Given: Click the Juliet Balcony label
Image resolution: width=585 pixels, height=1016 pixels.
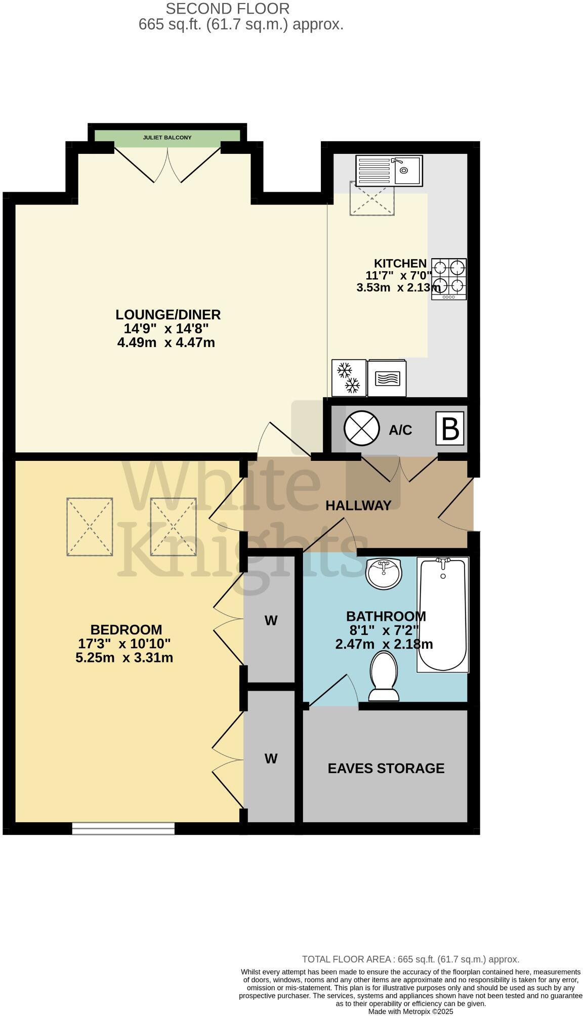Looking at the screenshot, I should [x=167, y=137].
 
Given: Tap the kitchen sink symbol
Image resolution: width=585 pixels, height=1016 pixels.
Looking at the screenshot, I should [x=389, y=171].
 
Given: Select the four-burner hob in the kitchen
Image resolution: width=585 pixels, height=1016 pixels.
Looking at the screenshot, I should [x=449, y=279].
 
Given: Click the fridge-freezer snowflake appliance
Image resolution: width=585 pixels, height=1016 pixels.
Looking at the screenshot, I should [x=349, y=377].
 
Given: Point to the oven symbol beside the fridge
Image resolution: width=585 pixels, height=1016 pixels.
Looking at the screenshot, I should [x=387, y=378].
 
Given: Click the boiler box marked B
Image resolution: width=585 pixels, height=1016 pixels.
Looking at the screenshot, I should [x=450, y=429].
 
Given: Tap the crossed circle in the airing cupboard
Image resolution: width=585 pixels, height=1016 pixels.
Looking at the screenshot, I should [x=361, y=429].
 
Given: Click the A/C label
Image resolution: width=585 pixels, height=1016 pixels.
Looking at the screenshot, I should [x=400, y=430].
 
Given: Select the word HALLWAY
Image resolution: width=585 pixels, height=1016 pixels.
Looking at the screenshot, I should [x=358, y=505].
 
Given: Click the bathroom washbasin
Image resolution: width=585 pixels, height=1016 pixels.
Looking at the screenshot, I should [x=383, y=574].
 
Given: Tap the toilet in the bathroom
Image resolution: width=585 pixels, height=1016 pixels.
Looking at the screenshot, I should [x=384, y=675].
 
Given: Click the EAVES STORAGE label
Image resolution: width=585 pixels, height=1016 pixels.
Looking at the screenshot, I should [x=386, y=768].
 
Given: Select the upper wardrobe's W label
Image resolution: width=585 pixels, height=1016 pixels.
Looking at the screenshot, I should [x=271, y=620].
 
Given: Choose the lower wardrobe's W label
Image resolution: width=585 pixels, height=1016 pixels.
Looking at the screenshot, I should [x=271, y=758].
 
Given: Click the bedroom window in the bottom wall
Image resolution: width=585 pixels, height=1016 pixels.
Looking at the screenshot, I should [x=123, y=828].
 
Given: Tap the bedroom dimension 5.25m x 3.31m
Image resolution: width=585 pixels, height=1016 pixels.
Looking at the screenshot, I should [x=124, y=658].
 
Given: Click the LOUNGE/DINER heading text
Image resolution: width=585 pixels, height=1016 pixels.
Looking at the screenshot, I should [x=168, y=314].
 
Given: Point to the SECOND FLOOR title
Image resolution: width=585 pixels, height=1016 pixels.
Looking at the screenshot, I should [x=228, y=9].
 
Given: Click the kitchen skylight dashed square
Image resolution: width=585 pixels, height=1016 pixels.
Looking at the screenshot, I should [x=371, y=198].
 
